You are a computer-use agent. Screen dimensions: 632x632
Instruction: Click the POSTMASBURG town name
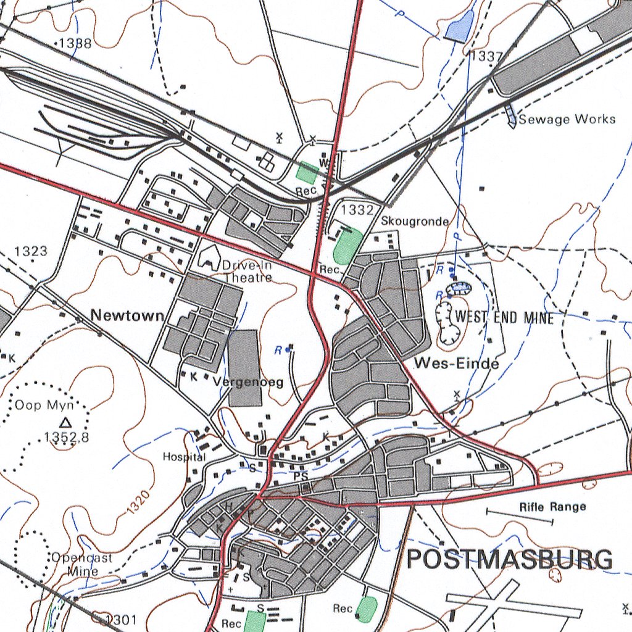(x=510, y=559)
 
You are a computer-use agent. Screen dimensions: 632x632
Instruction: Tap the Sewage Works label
(x=567, y=119)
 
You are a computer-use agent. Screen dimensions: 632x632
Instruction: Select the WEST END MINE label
(x=504, y=318)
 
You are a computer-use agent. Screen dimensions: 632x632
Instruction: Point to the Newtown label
(x=127, y=315)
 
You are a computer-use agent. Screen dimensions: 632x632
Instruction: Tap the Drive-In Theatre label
(x=247, y=272)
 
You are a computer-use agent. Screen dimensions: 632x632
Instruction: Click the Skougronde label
(x=414, y=221)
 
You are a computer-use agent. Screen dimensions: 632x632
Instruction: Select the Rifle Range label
(x=552, y=507)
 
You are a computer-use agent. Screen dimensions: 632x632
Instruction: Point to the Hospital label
(x=184, y=457)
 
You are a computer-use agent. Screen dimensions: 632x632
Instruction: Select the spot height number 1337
(x=486, y=56)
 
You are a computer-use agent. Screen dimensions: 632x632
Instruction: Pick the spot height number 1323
(x=31, y=251)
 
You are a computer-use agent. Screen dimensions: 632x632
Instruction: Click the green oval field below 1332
(x=347, y=245)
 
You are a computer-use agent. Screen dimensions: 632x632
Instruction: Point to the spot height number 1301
(x=122, y=619)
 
